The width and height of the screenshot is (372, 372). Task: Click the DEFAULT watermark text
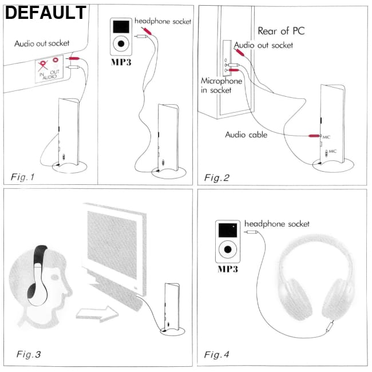tap(46, 13)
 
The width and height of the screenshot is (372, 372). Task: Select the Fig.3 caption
tap(29, 354)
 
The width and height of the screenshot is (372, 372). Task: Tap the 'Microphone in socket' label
tap(221, 85)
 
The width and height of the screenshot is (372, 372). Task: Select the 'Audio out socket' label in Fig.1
tap(42, 43)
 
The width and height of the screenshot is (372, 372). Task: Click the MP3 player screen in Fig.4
tap(228, 230)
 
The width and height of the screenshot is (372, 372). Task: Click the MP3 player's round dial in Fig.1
tap(121, 43)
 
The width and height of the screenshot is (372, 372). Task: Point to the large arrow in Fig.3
tap(96, 314)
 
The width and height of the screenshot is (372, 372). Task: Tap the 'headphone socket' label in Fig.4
tap(277, 223)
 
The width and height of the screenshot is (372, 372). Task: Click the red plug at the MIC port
tap(314, 136)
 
